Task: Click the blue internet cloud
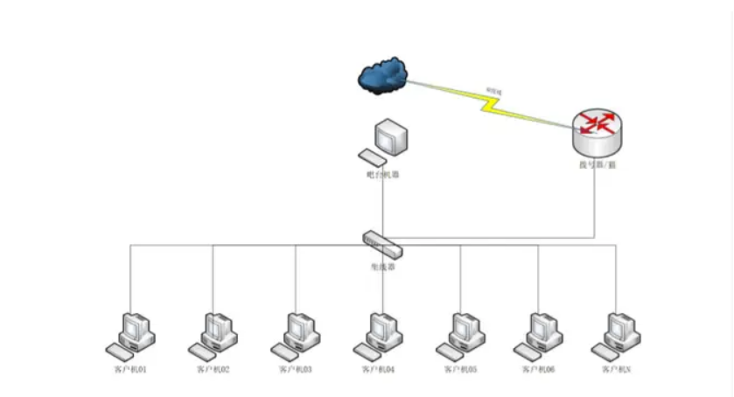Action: (x=382, y=76)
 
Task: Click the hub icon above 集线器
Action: (x=383, y=243)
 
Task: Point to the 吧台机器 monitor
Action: (x=391, y=138)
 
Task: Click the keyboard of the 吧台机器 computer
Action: (x=371, y=158)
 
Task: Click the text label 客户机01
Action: (x=130, y=370)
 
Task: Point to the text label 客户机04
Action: (x=377, y=370)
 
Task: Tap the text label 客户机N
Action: (x=616, y=370)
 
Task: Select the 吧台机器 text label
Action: (x=383, y=175)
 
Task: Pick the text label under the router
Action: (x=598, y=164)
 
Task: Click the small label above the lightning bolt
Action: (x=494, y=90)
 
